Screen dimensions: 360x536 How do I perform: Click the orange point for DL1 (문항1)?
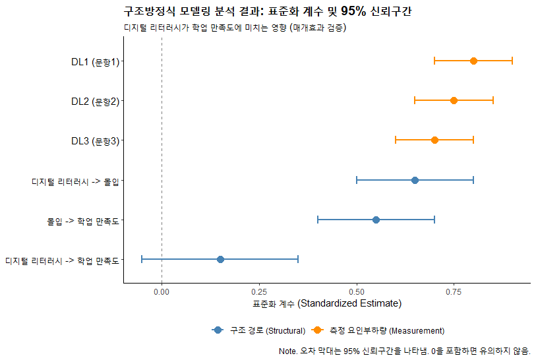coord(473,61)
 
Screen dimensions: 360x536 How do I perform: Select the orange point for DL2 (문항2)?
coord(454,100)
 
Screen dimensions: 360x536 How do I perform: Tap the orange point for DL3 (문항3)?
coord(434,140)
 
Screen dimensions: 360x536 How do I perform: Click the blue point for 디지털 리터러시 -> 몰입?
coord(415,180)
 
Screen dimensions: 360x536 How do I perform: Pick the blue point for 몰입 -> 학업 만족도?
coord(376,220)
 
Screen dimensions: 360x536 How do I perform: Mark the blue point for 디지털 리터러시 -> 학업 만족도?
coord(220,259)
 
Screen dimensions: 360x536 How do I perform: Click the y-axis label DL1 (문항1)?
coord(95,62)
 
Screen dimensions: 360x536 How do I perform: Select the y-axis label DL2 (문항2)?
coord(95,102)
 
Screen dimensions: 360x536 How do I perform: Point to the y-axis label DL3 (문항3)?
coord(95,141)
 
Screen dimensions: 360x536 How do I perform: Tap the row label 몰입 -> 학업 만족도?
coord(82,221)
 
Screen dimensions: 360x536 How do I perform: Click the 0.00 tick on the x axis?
coord(162,291)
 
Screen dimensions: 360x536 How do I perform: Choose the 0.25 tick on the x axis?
coord(259,291)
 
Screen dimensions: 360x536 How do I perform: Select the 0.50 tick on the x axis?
coord(357,291)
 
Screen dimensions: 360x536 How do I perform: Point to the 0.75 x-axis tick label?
coord(454,291)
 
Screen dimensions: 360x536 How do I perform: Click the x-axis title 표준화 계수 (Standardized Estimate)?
coord(327,304)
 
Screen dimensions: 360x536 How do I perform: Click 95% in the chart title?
coord(353,11)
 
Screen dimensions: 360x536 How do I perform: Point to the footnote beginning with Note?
coord(405,351)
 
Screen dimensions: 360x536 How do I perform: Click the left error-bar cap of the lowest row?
coord(142,259)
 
